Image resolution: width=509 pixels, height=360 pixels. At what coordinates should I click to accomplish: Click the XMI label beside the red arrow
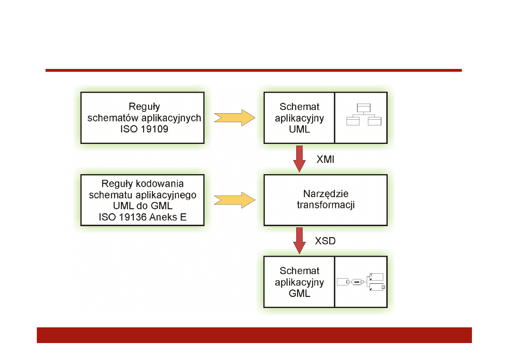[325, 160]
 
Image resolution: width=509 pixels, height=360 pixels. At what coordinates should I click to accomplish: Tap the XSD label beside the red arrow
[325, 241]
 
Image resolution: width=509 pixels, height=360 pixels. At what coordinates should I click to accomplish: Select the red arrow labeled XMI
[299, 158]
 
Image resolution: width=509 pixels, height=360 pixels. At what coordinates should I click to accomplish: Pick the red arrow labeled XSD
[299, 240]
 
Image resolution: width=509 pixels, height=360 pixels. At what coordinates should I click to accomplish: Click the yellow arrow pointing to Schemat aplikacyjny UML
[235, 117]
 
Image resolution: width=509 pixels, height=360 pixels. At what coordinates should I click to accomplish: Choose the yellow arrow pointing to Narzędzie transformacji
[235, 200]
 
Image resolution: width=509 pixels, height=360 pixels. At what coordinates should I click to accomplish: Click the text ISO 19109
[144, 129]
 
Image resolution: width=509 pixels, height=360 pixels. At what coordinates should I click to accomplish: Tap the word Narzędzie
[325, 194]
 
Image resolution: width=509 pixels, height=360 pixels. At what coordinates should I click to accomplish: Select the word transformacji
[325, 205]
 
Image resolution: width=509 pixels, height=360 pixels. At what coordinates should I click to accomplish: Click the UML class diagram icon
[364, 114]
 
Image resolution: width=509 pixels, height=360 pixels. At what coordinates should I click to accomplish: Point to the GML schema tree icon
[361, 282]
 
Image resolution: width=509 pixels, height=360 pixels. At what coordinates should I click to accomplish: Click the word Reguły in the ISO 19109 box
[144, 107]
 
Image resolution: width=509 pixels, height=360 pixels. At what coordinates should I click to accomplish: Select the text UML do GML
[143, 206]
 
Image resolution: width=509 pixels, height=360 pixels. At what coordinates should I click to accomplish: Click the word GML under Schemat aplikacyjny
[299, 293]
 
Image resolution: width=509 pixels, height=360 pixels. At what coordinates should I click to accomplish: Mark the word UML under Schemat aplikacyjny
[299, 130]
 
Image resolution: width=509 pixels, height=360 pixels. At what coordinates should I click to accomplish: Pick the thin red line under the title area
[253, 71]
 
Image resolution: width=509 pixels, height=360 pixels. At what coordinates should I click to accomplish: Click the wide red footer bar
[254, 335]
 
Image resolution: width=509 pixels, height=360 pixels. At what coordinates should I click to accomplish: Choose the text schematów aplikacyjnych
[144, 118]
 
